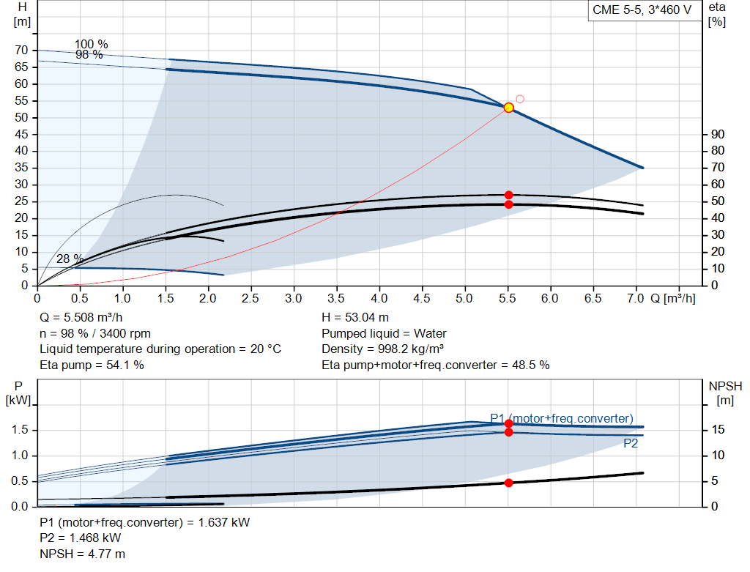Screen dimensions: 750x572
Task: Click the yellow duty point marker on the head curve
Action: [x=508, y=108]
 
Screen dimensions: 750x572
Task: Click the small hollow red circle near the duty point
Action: [x=520, y=99]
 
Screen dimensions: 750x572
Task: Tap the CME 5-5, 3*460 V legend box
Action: [x=642, y=10]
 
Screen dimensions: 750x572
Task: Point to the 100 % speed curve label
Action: [x=92, y=45]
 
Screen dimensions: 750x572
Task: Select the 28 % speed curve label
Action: [x=70, y=259]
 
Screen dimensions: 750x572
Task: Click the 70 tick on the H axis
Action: [x=21, y=50]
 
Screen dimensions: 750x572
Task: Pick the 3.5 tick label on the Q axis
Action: [x=335, y=298]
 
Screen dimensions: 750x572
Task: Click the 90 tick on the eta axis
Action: [x=718, y=134]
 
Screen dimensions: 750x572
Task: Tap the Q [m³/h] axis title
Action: [x=673, y=298]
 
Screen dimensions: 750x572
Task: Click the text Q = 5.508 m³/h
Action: [x=81, y=318]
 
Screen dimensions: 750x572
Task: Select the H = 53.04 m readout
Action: [x=355, y=318]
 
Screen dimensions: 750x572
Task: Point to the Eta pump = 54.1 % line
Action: [x=92, y=365]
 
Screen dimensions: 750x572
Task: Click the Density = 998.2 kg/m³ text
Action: [x=382, y=349]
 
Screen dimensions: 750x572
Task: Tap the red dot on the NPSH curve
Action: [x=508, y=483]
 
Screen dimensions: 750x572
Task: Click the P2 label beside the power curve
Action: [x=631, y=443]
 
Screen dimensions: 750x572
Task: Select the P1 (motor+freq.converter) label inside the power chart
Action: [x=562, y=418]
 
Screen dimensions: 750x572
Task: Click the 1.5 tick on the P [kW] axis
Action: [x=20, y=429]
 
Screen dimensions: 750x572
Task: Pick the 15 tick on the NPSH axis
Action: [x=718, y=429]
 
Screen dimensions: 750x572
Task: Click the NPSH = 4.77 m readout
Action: [x=82, y=554]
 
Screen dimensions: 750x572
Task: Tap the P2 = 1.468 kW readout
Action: [x=81, y=538]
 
